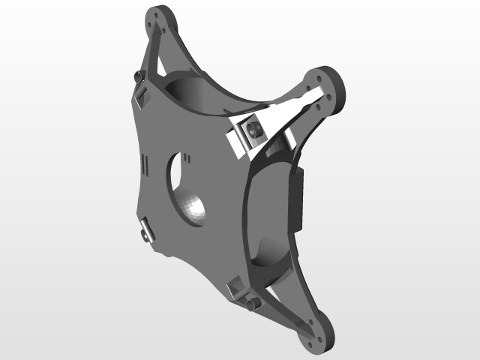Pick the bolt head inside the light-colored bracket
click(x=253, y=130)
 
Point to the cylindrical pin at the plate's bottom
click(x=251, y=304)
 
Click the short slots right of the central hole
click(x=189, y=158)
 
